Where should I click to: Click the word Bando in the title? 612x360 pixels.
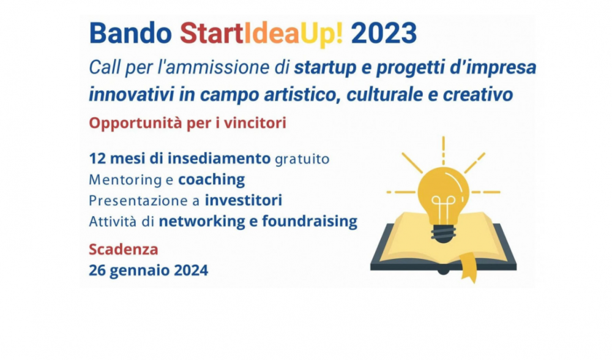[x=130, y=33]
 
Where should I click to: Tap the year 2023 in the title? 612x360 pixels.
[x=384, y=33]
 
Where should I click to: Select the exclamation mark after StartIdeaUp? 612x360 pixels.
[x=338, y=33]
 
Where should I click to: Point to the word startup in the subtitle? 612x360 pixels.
[x=326, y=68]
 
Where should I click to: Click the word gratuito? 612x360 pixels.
[x=302, y=159]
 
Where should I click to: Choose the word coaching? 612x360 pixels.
[x=212, y=179]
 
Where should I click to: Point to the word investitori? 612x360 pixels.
[x=244, y=200]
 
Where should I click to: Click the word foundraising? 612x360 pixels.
[x=310, y=222]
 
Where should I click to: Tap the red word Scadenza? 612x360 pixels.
[x=124, y=249]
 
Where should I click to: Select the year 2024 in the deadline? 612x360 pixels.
[x=191, y=270]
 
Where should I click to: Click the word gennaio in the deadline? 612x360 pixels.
[x=140, y=271]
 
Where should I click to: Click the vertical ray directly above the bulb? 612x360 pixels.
[x=443, y=151]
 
